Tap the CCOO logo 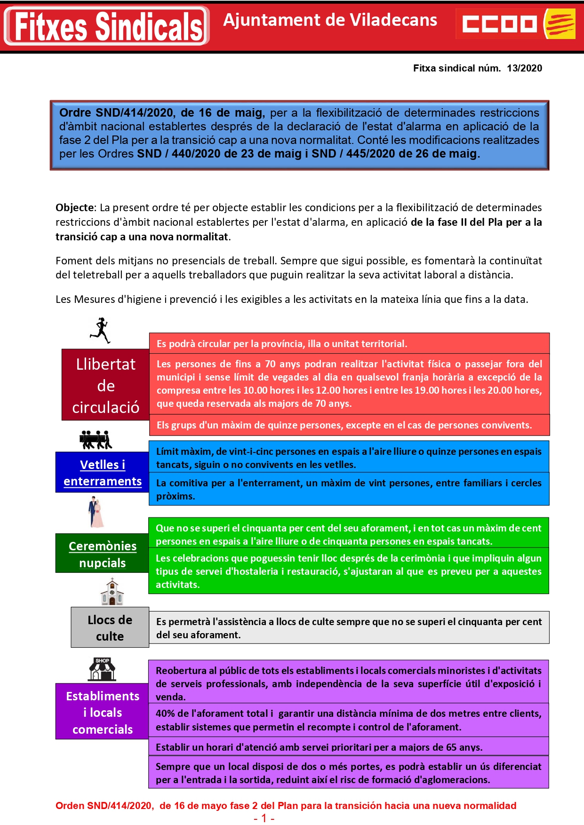516,24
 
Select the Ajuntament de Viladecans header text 330,20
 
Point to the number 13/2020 524,68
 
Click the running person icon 100,330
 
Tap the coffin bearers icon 96,439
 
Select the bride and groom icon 96,513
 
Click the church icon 112,592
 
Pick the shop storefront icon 102,669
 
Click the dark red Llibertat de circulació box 105,385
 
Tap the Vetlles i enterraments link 103,473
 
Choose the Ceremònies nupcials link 103,555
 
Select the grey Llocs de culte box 110,627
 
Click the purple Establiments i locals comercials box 103,712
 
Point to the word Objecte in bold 75,207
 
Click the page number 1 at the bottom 264,818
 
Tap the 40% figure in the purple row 166,714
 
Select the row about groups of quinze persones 349,425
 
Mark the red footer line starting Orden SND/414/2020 286,805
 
